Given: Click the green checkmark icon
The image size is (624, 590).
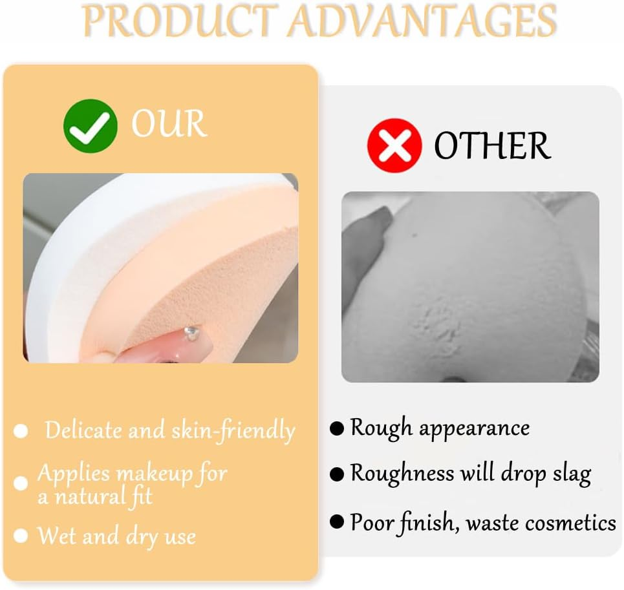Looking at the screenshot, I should (x=90, y=125).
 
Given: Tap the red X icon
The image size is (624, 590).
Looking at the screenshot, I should (x=394, y=145).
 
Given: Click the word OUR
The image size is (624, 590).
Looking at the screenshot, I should (x=169, y=123).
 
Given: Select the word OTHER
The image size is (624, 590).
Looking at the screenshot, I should (x=492, y=145).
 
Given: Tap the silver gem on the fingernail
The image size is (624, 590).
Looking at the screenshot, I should (x=190, y=333).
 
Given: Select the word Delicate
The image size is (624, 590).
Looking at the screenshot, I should (x=83, y=430).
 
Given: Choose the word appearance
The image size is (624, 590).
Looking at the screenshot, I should (x=474, y=428).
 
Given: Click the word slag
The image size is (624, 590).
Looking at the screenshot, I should (x=570, y=474).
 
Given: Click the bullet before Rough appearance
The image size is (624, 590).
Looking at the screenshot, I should (x=337, y=428).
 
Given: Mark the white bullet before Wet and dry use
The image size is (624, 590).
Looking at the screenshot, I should (x=21, y=536).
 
